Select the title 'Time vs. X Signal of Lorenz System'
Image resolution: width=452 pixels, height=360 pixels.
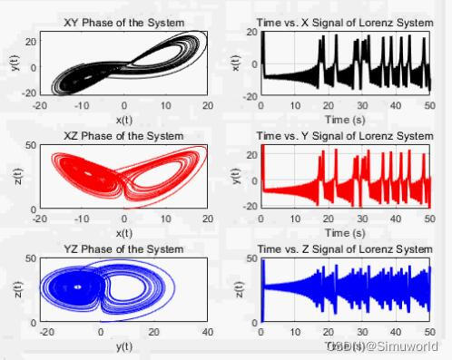(344, 22)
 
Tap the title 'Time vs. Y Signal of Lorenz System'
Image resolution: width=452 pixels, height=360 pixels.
(344, 136)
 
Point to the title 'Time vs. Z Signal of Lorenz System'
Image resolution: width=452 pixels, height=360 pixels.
(344, 249)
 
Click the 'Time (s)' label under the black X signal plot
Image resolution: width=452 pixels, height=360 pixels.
(344, 117)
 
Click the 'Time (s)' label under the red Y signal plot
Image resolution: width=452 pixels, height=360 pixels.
(344, 231)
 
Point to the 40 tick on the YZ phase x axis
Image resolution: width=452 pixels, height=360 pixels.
(209, 333)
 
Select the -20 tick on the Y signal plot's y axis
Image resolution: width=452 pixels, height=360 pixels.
(249, 206)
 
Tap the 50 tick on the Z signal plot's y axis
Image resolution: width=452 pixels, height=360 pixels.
(251, 259)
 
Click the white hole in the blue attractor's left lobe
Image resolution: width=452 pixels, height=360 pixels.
(78, 287)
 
